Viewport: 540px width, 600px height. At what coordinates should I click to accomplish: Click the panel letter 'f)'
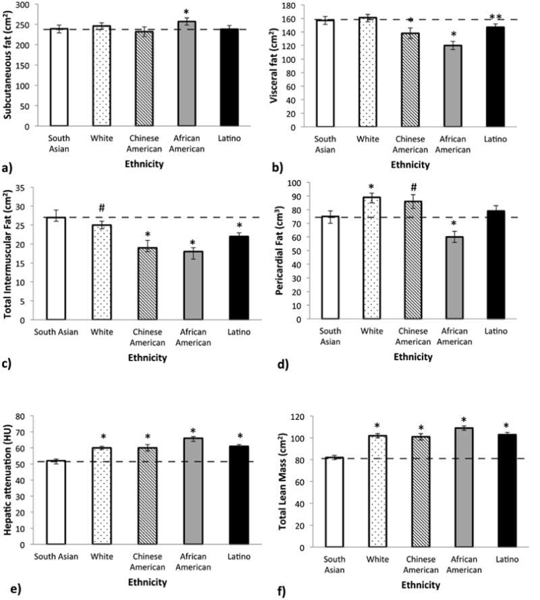click(x=279, y=593)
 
